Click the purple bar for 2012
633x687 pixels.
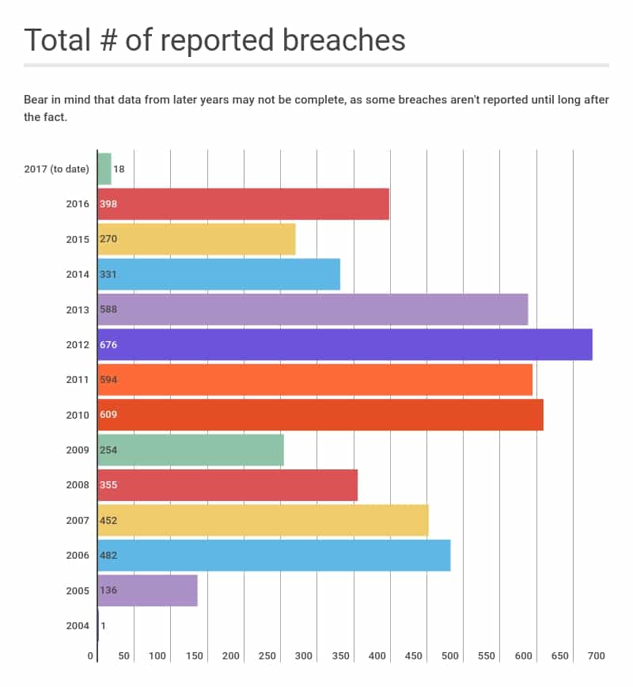point(345,344)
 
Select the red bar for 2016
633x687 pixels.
point(244,204)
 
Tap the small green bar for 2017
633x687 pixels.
point(104,169)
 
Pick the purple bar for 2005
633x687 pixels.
point(147,590)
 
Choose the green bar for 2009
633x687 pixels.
point(191,450)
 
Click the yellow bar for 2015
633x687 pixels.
point(196,239)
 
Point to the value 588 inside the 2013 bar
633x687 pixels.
point(108,309)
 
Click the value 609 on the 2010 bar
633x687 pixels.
point(108,415)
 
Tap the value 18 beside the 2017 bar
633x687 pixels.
point(119,169)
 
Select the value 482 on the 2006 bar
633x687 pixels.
point(108,556)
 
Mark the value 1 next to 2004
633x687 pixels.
point(104,625)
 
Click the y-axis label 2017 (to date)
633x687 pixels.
point(57,169)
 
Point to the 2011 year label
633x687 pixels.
point(78,379)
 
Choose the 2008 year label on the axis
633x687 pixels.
point(78,484)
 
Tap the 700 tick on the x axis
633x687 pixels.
point(596,656)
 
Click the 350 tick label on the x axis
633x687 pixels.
point(341,656)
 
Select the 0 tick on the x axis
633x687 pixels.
point(92,656)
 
